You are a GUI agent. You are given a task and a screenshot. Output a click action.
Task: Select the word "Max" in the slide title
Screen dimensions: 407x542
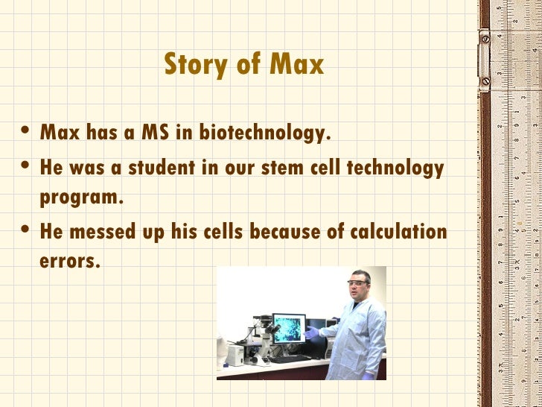coord(298,65)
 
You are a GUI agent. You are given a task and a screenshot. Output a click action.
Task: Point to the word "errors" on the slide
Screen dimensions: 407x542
coord(68,262)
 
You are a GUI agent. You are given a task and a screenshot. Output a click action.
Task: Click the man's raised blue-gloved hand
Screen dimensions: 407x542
coord(310,332)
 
